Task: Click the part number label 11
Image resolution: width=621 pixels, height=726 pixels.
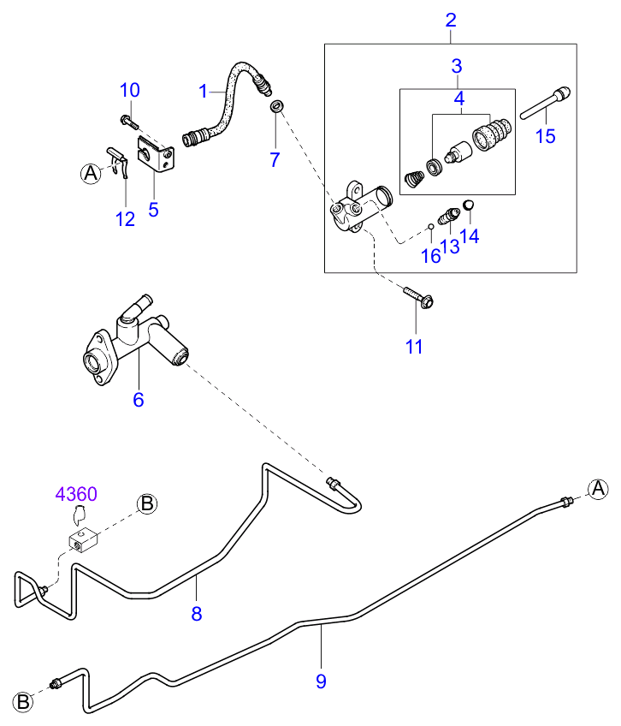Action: pyautogui.click(x=415, y=347)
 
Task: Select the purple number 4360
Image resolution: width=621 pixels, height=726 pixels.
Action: pyautogui.click(x=76, y=495)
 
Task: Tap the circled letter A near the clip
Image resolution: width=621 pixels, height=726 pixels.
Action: pyautogui.click(x=90, y=173)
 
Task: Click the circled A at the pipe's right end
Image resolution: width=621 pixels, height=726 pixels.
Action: pyautogui.click(x=598, y=488)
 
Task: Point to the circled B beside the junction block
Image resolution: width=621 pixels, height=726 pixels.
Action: pyautogui.click(x=147, y=503)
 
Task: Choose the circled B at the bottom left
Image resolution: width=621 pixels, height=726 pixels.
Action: pyautogui.click(x=24, y=701)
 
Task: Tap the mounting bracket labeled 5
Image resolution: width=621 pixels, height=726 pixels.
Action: pyautogui.click(x=157, y=157)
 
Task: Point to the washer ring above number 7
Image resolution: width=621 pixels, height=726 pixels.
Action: pyautogui.click(x=275, y=106)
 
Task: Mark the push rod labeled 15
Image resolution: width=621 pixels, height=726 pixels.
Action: pyautogui.click(x=545, y=102)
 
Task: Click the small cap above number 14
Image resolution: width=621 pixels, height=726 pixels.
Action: pyautogui.click(x=469, y=204)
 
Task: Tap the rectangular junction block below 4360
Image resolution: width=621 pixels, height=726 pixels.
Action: pyautogui.click(x=83, y=542)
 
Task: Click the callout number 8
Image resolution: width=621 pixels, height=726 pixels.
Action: pyautogui.click(x=196, y=614)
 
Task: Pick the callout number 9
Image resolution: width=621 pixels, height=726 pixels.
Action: pyautogui.click(x=321, y=681)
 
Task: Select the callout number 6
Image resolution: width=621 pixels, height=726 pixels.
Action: pyautogui.click(x=139, y=399)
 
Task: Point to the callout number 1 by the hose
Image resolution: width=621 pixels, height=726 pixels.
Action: pyautogui.click(x=204, y=89)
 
